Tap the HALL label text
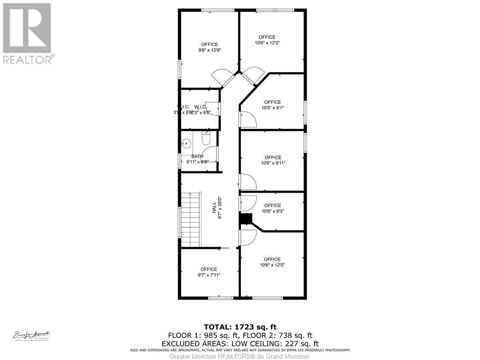tap(214, 208)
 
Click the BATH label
tap(197, 156)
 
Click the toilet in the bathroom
tap(206, 139)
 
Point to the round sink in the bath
tap(187, 142)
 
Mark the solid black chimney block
tap(245, 218)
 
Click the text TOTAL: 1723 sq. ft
tap(240, 326)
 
